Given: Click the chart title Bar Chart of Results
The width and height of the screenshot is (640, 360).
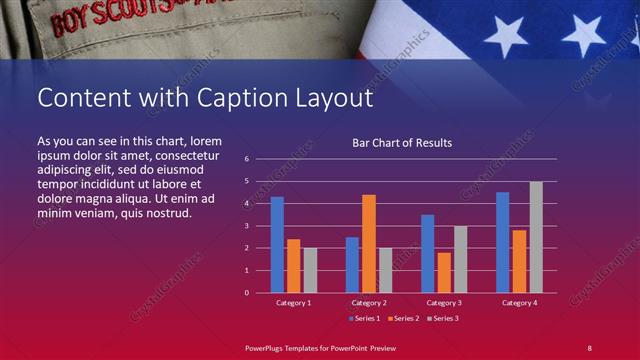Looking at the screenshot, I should pyautogui.click(x=402, y=143).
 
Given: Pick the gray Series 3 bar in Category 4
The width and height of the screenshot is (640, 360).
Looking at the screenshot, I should pyautogui.click(x=535, y=237).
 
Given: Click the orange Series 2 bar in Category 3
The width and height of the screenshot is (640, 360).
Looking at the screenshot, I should pyautogui.click(x=443, y=272).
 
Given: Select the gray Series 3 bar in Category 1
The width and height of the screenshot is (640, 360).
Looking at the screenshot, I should pyautogui.click(x=310, y=270).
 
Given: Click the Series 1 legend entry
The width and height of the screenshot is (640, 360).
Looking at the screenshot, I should pyautogui.click(x=365, y=319).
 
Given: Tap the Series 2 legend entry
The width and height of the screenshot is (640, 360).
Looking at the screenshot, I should pyautogui.click(x=402, y=319).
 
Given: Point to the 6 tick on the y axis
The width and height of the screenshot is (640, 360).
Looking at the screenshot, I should pyautogui.click(x=246, y=159).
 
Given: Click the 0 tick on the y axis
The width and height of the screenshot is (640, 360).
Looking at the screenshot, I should pyautogui.click(x=246, y=293).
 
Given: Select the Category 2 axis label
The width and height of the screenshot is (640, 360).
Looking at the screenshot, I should pyautogui.click(x=368, y=303).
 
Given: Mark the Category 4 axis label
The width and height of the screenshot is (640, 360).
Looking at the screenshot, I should pyautogui.click(x=519, y=303).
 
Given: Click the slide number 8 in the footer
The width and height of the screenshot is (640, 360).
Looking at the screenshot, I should pyautogui.click(x=589, y=347).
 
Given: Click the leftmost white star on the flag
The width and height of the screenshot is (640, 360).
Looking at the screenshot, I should pyautogui.click(x=506, y=36).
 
